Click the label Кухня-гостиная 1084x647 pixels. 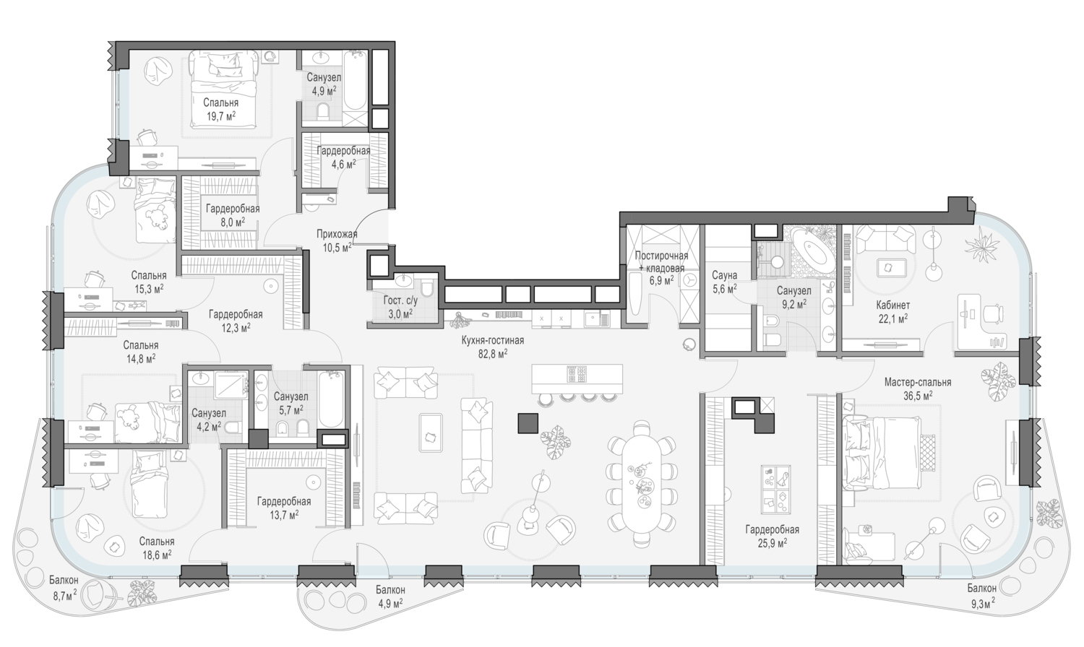(x=493, y=340)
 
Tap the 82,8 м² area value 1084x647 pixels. (x=493, y=354)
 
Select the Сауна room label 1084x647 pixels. (x=724, y=275)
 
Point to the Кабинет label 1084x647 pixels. (x=892, y=305)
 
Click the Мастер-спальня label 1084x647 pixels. (x=918, y=382)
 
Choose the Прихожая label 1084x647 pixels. (x=337, y=235)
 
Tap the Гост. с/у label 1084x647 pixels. (x=400, y=300)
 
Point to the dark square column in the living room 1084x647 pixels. (x=528, y=423)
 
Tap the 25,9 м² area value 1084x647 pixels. (x=772, y=543)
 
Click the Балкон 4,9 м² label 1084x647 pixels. (x=390, y=596)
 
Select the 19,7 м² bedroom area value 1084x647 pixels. (x=220, y=116)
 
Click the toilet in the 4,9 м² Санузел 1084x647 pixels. (x=323, y=112)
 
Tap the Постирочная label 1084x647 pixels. (x=661, y=256)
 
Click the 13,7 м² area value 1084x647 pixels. (x=283, y=515)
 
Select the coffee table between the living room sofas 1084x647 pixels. (x=431, y=433)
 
